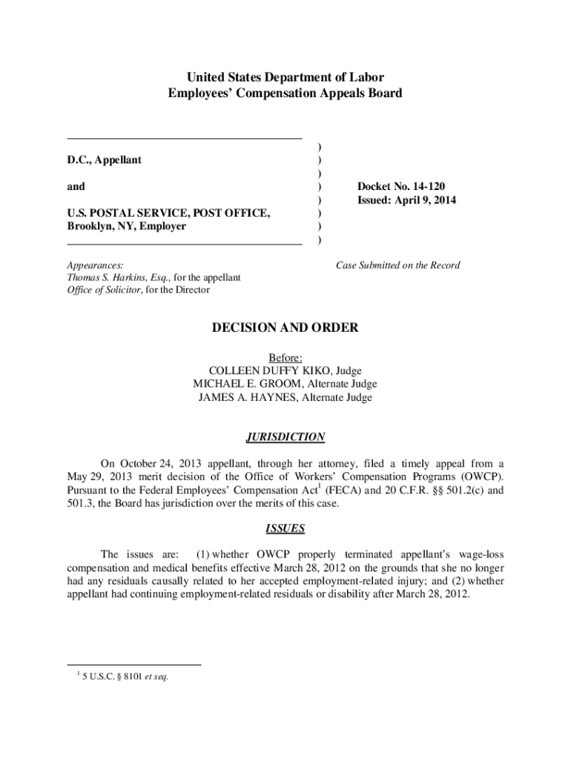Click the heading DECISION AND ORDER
pos(285,327)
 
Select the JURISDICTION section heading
pos(285,437)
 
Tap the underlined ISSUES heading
pos(285,529)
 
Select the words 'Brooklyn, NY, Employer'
pos(126,226)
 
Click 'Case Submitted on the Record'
pos(397,265)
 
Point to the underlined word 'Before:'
pos(285,357)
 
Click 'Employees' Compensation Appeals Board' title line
pos(285,93)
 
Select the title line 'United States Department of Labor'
pos(285,77)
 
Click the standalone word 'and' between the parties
pos(76,186)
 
